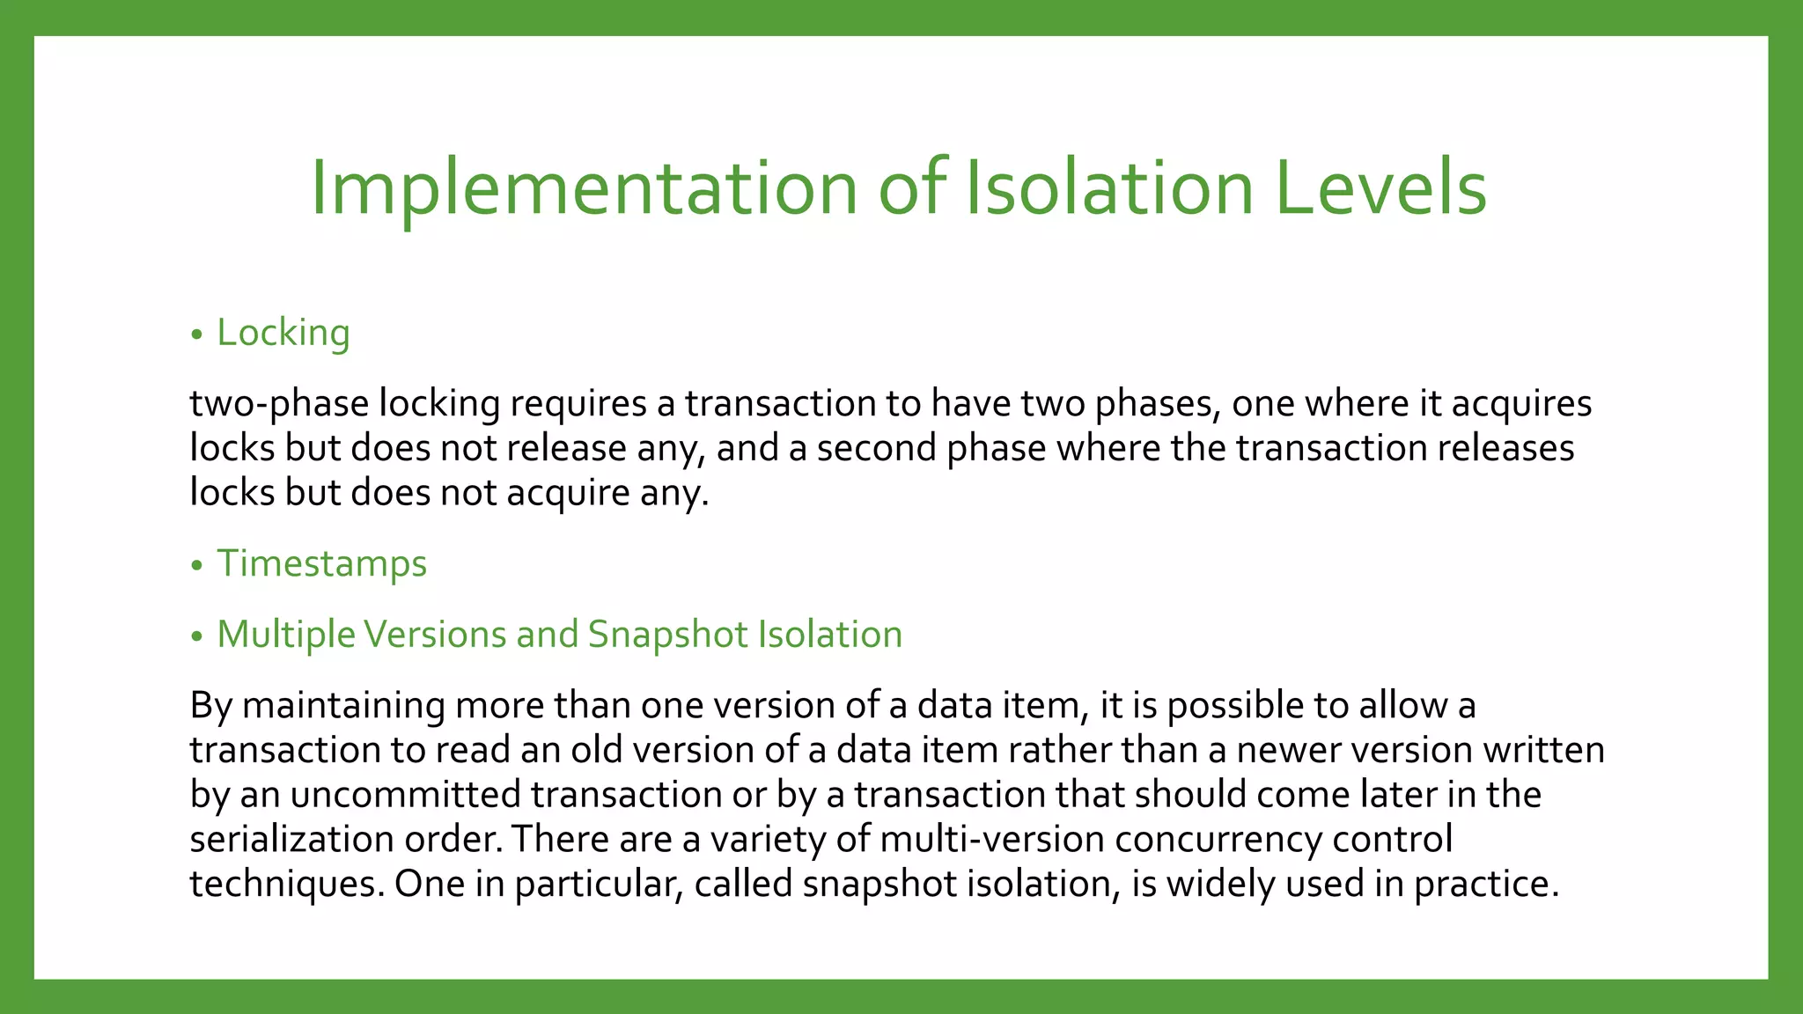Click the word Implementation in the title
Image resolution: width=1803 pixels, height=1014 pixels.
(584, 188)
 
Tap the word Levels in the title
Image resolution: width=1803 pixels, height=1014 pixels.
(1380, 188)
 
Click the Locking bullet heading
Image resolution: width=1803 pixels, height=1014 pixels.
(283, 333)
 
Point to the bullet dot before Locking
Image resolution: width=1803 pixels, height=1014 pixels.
(196, 335)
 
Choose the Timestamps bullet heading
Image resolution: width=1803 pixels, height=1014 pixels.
(321, 563)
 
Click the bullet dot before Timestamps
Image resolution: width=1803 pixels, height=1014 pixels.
(196, 566)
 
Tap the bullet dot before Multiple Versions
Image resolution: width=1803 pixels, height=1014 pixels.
(196, 636)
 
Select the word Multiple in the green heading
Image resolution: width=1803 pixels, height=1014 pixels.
(285, 635)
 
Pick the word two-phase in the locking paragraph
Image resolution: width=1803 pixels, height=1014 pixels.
(279, 404)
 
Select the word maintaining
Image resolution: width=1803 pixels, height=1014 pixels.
(343, 706)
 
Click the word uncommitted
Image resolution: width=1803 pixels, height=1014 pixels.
(406, 795)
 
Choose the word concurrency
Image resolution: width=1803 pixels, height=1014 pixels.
(1218, 839)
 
